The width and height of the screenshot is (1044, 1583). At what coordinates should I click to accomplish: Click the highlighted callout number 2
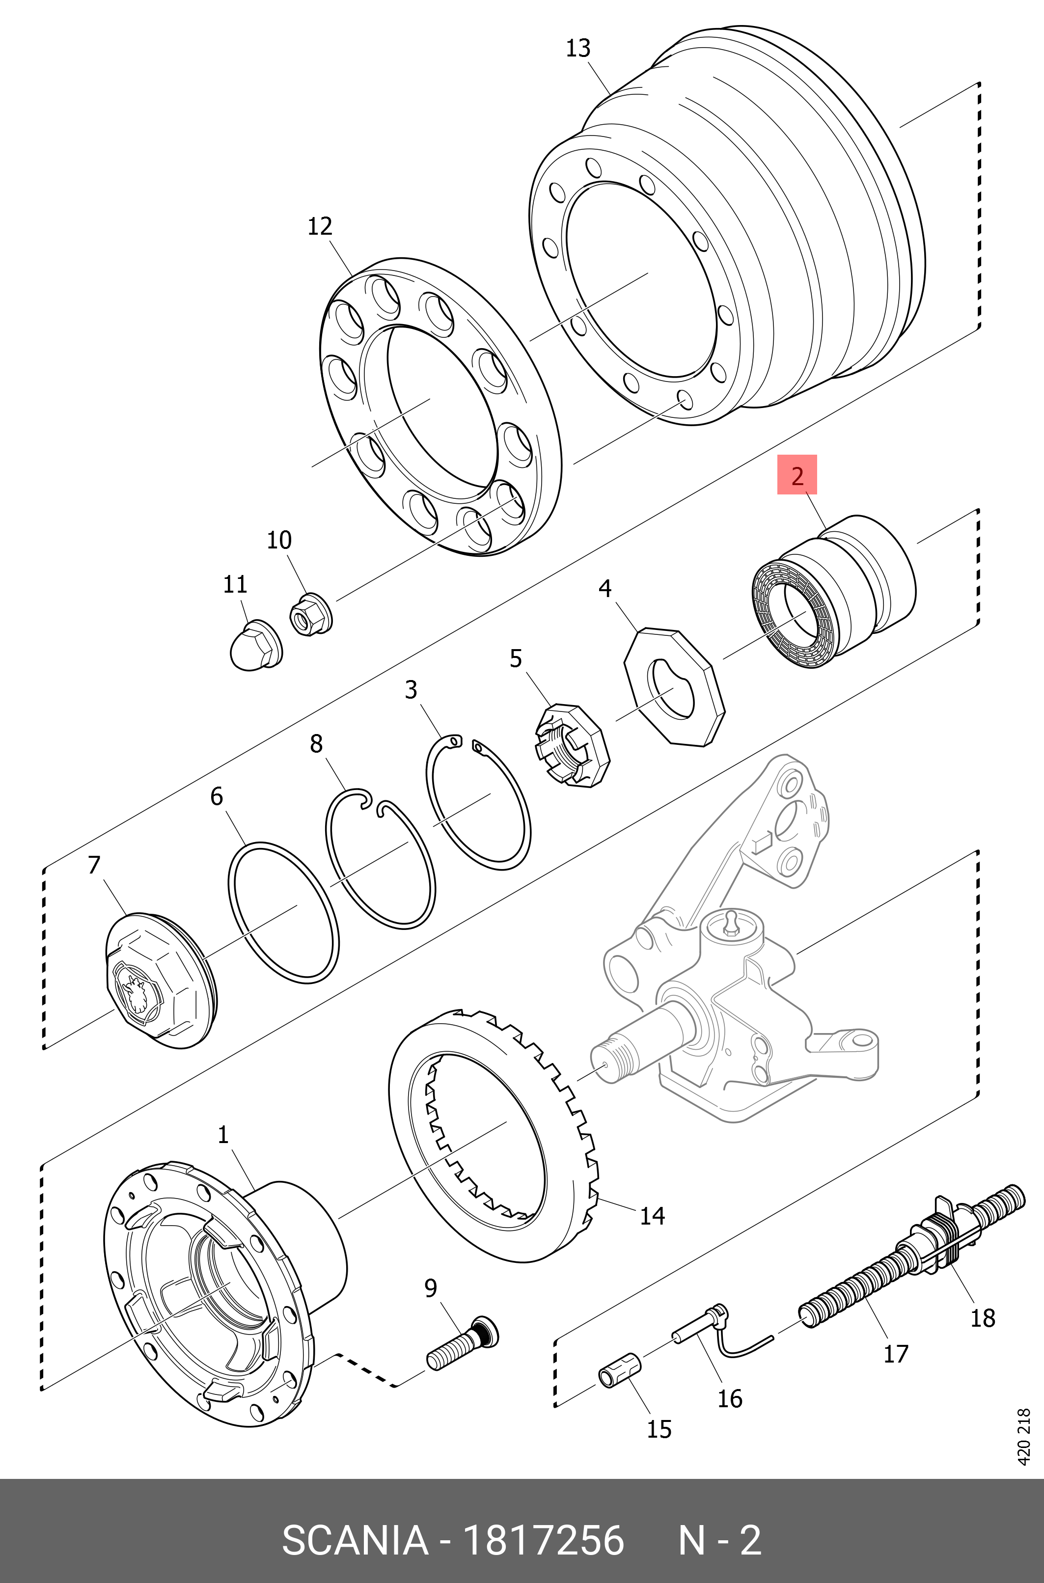tap(797, 475)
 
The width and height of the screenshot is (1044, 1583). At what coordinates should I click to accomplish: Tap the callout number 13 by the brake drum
tap(577, 49)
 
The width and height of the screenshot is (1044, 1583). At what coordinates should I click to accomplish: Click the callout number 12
tap(320, 226)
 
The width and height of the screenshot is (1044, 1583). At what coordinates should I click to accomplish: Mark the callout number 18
tap(982, 1317)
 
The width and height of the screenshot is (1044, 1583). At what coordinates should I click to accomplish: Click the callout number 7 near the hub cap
tap(94, 865)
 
